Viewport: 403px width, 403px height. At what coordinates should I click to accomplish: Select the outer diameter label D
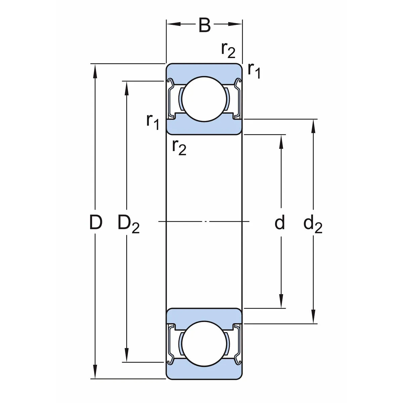pyautogui.click(x=96, y=222)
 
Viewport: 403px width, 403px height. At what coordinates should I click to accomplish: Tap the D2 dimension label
pyautogui.click(x=128, y=224)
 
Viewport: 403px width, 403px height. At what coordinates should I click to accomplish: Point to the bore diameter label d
pyautogui.click(x=280, y=223)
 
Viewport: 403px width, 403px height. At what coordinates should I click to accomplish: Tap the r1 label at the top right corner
pyautogui.click(x=254, y=70)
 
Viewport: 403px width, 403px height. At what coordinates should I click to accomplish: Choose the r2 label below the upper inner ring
pyautogui.click(x=179, y=147)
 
